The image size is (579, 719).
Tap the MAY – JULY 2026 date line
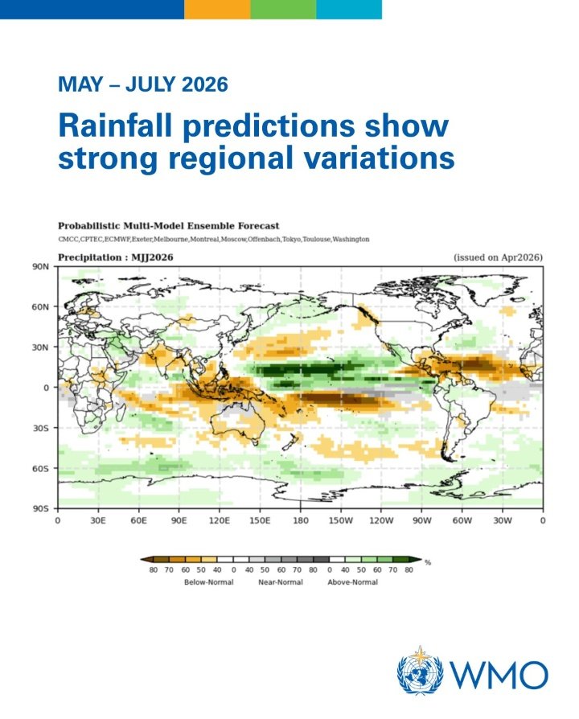click(x=142, y=83)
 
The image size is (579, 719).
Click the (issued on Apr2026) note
click(x=499, y=257)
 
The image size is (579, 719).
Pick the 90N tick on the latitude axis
click(x=41, y=266)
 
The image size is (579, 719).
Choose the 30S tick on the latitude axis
click(x=42, y=428)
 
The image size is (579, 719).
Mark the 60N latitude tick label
click(x=41, y=306)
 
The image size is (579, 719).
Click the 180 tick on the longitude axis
click(x=300, y=521)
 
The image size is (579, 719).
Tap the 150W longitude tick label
click(x=340, y=521)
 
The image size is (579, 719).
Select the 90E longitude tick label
click(x=179, y=521)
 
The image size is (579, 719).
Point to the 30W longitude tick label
click(x=503, y=521)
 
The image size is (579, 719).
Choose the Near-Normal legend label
click(x=281, y=582)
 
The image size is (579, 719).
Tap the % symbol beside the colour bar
click(x=429, y=562)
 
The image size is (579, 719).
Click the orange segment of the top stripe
click(x=216, y=9)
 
